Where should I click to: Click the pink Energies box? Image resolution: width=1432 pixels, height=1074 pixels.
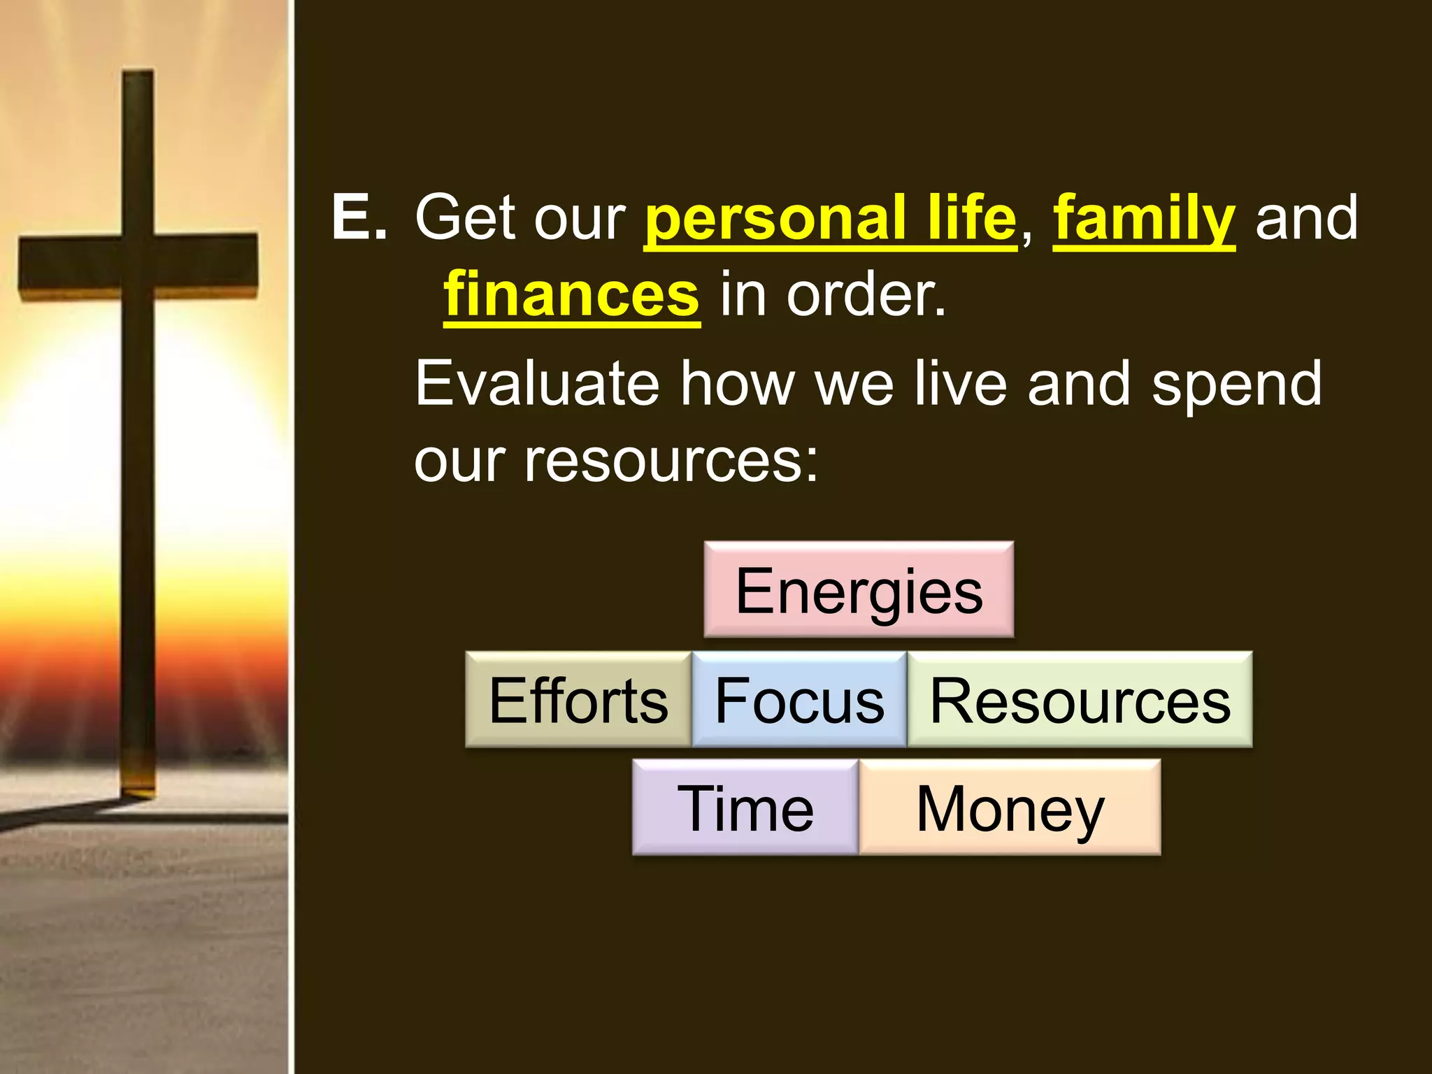(859, 589)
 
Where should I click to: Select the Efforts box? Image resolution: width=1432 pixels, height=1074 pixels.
(578, 700)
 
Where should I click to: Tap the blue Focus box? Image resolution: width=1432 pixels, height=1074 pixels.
(799, 700)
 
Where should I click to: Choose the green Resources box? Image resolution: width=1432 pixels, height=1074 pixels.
(1080, 700)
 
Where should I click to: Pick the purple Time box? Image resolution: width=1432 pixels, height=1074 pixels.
(745, 808)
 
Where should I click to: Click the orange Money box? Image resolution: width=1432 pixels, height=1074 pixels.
(1010, 808)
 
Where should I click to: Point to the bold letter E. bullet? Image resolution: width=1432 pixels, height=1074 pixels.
(359, 217)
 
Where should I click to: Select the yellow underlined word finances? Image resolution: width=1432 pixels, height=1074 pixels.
(571, 294)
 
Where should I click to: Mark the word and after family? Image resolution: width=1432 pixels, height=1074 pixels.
(1306, 217)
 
